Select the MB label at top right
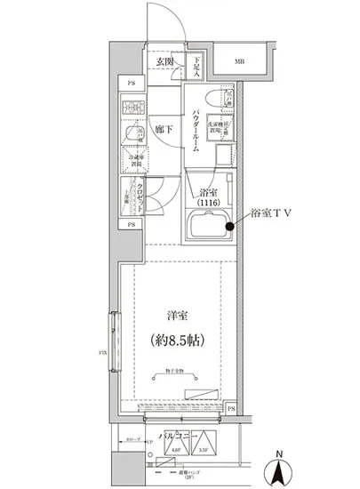point(240,62)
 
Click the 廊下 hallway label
point(162,129)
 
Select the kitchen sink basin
point(133,136)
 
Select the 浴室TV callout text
point(273,213)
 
